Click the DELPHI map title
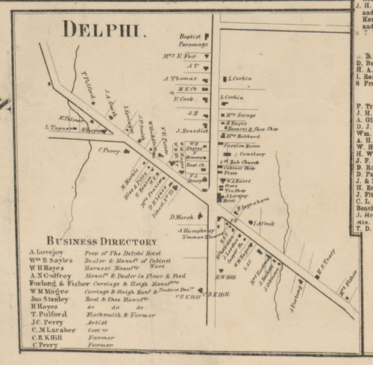pos(104,31)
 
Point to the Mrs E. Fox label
pos(189,56)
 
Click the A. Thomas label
pos(184,78)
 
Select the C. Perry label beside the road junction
pos(109,150)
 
